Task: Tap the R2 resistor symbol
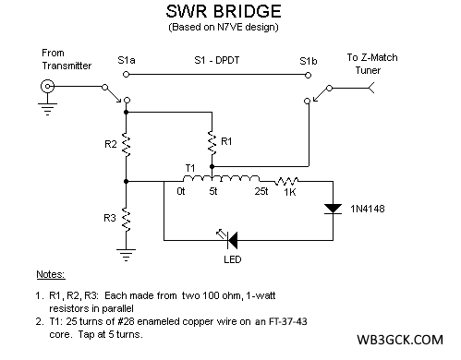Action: coord(127,145)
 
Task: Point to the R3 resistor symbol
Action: coord(127,219)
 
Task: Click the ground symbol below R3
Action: coord(127,250)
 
